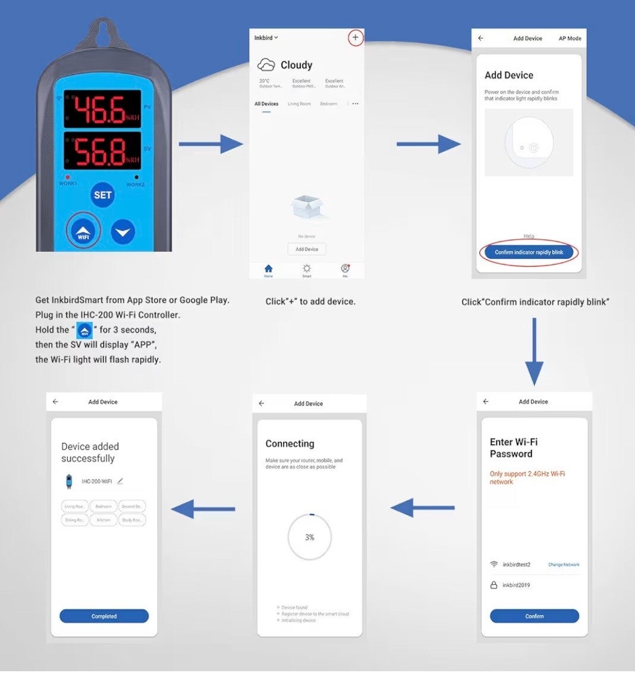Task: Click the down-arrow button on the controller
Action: [122, 232]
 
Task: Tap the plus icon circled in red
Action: [356, 38]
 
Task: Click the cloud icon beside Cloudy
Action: [266, 65]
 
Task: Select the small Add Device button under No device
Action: [307, 249]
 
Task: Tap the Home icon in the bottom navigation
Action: [268, 270]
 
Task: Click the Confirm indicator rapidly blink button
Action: [529, 252]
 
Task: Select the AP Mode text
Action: [570, 39]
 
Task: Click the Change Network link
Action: [564, 565]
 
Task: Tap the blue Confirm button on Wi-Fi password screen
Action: [534, 616]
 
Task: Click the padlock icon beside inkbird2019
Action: [493, 585]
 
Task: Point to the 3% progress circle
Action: [309, 537]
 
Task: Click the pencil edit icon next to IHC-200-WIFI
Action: [120, 481]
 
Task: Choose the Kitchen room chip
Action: [103, 520]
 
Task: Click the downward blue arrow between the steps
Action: [534, 351]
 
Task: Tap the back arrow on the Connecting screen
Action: [262, 403]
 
